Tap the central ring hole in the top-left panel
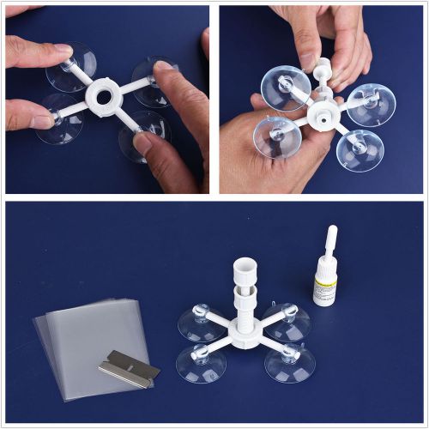tap(103, 97)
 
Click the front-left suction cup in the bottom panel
tap(201, 363)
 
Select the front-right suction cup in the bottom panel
tap(289, 363)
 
